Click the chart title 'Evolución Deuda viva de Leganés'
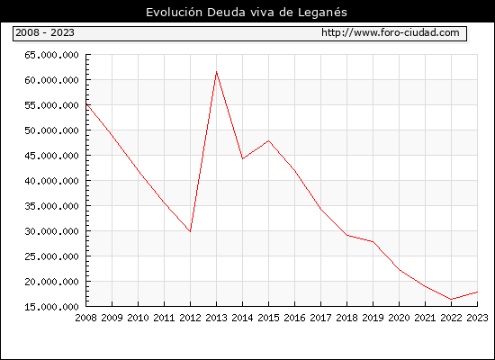click(247, 13)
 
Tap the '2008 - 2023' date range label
click(45, 32)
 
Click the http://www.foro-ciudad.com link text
click(391, 32)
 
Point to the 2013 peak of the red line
click(216, 72)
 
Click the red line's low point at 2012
click(190, 231)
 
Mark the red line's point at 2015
click(268, 140)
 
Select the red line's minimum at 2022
click(452, 299)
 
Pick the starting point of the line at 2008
click(86, 103)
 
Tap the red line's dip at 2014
click(242, 158)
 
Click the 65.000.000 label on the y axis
click(51, 55)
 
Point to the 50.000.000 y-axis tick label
click(51, 130)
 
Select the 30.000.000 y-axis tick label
click(51, 231)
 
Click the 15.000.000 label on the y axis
click(51, 307)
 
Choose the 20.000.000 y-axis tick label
click(51, 282)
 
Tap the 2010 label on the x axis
click(138, 318)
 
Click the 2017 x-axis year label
click(320, 318)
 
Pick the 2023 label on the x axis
click(477, 318)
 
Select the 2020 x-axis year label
click(399, 318)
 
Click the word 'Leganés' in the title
click(322, 13)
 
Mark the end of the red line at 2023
click(477, 292)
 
